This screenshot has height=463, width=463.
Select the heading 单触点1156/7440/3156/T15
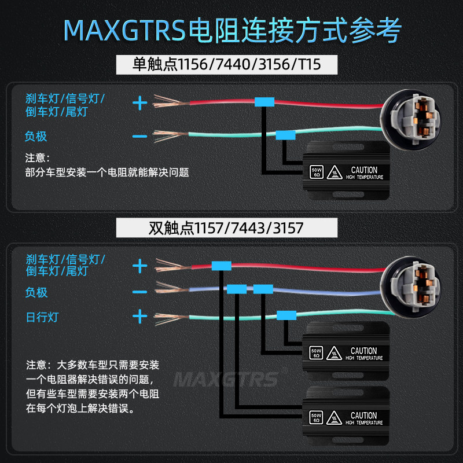click(x=226, y=64)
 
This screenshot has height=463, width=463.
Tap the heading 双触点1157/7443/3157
click(x=226, y=227)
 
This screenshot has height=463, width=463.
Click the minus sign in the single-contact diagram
click(x=140, y=137)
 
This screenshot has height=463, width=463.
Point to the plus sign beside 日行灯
click(x=140, y=317)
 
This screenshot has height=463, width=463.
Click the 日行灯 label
click(x=42, y=317)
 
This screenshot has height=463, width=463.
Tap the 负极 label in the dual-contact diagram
click(x=36, y=292)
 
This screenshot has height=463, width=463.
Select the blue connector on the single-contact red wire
click(x=264, y=102)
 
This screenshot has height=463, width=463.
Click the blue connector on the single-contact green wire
click(x=285, y=135)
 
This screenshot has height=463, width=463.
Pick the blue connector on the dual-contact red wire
click(x=222, y=266)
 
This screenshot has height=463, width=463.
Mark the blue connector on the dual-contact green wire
click(x=286, y=315)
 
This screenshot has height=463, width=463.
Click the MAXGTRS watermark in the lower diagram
click(x=226, y=379)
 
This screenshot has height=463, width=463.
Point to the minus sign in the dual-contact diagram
click(x=140, y=292)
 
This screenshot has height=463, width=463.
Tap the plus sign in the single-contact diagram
click(x=140, y=104)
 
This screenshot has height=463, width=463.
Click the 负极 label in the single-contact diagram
click(x=36, y=137)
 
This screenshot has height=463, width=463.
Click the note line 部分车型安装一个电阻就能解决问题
click(x=108, y=172)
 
